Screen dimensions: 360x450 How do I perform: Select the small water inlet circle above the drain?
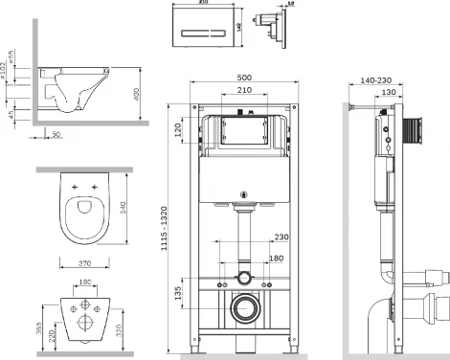point(245,279)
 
